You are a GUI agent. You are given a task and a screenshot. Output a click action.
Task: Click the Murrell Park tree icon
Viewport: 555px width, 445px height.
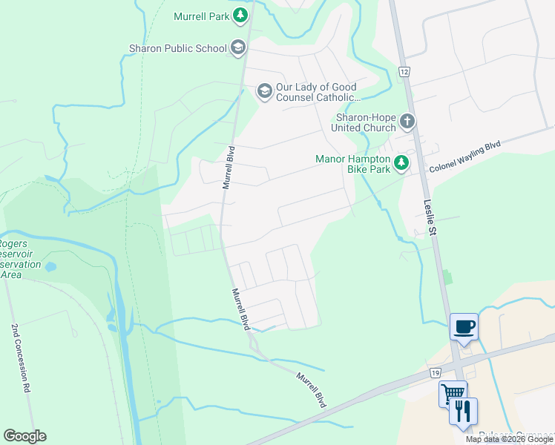click(240, 15)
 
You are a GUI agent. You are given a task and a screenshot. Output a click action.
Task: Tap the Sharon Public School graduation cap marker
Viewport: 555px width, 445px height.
click(238, 49)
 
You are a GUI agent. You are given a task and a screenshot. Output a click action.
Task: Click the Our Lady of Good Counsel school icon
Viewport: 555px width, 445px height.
click(264, 91)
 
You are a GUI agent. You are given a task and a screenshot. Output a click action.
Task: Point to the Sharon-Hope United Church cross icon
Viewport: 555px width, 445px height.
click(407, 121)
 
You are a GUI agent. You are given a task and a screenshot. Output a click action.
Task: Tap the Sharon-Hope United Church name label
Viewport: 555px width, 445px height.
click(366, 122)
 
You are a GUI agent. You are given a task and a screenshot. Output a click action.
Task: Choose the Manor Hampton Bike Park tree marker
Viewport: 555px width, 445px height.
click(401, 162)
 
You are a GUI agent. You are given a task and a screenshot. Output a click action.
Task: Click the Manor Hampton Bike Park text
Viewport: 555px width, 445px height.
click(352, 164)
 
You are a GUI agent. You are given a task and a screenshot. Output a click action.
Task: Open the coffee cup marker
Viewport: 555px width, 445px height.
click(464, 327)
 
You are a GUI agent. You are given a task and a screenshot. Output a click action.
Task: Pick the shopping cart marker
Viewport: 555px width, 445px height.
click(452, 393)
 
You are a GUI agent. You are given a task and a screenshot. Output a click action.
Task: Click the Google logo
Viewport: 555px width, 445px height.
click(25, 436)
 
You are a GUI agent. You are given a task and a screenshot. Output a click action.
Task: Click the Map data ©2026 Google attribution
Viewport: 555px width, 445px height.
click(509, 439)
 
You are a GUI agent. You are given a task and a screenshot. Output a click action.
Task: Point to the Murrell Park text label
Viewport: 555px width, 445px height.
click(200, 16)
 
